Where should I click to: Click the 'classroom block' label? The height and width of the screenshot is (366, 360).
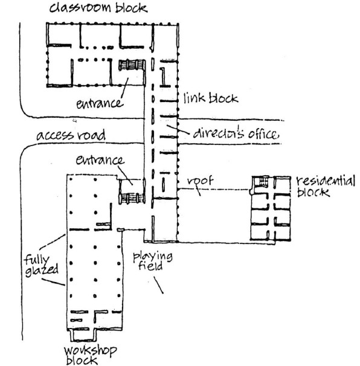click(98, 8)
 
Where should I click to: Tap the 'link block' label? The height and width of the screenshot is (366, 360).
click(211, 98)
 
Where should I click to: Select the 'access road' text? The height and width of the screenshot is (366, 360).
click(71, 135)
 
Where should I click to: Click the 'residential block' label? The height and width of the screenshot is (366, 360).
click(326, 186)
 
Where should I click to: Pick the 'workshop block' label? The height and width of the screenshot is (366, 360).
click(90, 355)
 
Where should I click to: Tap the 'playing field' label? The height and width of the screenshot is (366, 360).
click(153, 261)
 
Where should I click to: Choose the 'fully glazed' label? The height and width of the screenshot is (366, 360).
click(41, 266)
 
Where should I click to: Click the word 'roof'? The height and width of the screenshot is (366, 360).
click(201, 181)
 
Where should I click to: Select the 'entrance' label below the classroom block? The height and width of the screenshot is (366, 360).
click(100, 103)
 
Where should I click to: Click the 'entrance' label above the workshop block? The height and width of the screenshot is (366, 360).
click(100, 160)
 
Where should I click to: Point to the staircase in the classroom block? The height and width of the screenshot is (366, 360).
click(131, 65)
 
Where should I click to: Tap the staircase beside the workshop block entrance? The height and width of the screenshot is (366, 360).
click(131, 199)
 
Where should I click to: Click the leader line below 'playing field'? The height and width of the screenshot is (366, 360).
click(158, 285)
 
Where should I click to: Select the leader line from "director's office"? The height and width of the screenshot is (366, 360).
click(178, 130)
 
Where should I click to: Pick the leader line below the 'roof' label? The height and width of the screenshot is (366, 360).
click(198, 190)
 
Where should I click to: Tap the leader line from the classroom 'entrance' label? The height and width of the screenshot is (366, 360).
click(124, 88)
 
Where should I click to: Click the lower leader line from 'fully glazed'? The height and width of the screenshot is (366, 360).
click(53, 281)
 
